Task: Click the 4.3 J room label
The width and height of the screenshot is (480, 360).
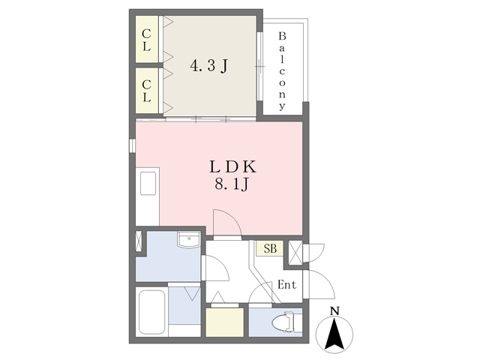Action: [x=209, y=66]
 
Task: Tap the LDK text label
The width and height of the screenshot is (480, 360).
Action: [x=232, y=166]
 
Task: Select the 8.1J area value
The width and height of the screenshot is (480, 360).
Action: [x=231, y=184]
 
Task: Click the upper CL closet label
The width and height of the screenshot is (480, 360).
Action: [x=147, y=40]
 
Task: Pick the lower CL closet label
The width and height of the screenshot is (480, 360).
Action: [x=147, y=91]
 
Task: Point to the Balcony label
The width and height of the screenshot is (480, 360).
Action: [x=282, y=71]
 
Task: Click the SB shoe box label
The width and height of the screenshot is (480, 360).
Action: [x=270, y=248]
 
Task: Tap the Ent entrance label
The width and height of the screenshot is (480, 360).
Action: [x=286, y=285]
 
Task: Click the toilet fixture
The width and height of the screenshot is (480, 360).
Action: [x=283, y=322]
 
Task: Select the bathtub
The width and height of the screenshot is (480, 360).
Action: [x=152, y=313]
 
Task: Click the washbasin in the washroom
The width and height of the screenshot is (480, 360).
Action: [x=189, y=239]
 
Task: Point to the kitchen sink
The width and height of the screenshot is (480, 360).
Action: [x=148, y=183]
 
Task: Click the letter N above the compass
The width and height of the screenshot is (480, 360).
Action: [x=334, y=311]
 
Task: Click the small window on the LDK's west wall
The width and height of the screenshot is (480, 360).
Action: [x=132, y=145]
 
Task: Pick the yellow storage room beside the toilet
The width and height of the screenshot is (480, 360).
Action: [x=225, y=322]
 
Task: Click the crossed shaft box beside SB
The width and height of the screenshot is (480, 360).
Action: [x=295, y=253]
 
